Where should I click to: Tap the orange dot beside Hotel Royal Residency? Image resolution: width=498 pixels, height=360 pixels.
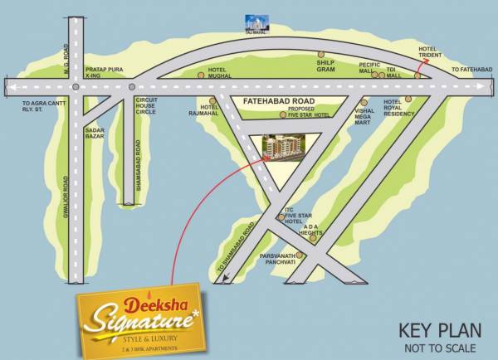click(x=408, y=99)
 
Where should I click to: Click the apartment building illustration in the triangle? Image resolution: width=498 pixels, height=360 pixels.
click(x=286, y=147)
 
